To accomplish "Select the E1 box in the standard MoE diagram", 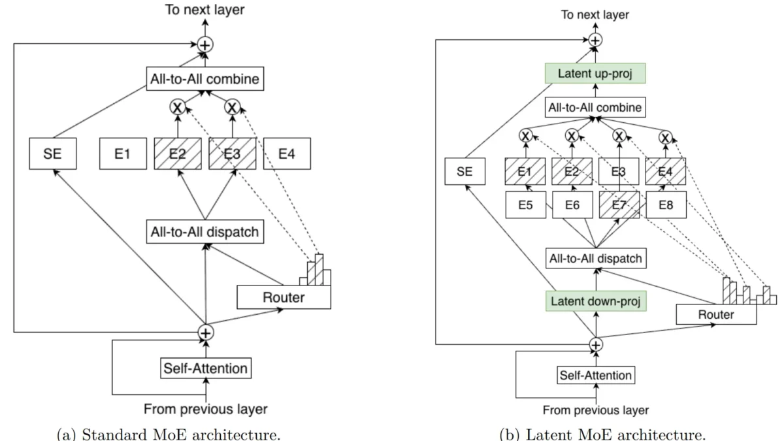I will [122, 154].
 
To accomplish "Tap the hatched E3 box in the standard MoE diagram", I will [232, 154].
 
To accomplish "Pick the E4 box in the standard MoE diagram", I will [287, 154].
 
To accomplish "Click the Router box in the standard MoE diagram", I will [284, 297].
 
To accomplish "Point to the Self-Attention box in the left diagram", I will [205, 368].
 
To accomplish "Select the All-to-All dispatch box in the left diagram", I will [205, 232].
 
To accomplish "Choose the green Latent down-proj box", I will [595, 301].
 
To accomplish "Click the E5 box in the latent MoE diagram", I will [525, 204].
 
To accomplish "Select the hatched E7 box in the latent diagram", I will [617, 204].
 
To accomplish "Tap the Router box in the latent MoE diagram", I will [716, 315].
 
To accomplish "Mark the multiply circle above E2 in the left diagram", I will [177, 106].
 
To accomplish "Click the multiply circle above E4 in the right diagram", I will [665, 137].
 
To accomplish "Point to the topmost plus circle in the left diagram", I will [205, 44].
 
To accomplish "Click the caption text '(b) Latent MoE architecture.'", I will [595, 434].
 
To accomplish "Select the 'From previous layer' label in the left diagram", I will [205, 410].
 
